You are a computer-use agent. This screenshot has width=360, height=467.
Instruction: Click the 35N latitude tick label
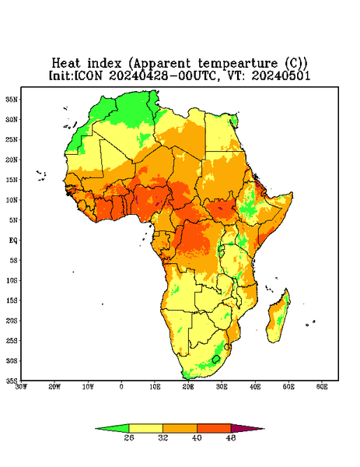click(x=12, y=100)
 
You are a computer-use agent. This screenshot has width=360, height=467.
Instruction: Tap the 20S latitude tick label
click(x=12, y=321)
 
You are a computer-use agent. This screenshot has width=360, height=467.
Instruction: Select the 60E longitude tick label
click(x=322, y=387)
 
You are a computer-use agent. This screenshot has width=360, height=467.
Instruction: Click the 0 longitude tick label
click(x=121, y=387)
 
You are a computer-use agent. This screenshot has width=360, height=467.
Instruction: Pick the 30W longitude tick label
click(x=21, y=387)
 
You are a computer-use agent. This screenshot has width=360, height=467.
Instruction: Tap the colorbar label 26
click(x=129, y=437)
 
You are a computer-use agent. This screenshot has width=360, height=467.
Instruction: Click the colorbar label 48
click(x=231, y=437)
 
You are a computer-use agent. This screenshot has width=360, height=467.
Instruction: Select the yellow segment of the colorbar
click(x=145, y=429)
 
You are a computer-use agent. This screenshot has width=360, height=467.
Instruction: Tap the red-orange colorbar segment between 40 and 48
click(x=214, y=429)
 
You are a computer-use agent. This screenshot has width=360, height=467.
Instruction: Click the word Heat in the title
click(x=66, y=64)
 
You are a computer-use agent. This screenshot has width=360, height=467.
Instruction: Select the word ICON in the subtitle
click(x=88, y=75)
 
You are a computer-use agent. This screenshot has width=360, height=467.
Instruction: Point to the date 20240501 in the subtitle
click(x=281, y=75)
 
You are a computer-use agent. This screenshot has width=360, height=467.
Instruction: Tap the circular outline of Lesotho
click(x=216, y=356)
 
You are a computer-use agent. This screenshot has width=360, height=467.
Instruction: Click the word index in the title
click(x=104, y=64)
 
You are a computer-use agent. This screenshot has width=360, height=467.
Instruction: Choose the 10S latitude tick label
click(x=12, y=280)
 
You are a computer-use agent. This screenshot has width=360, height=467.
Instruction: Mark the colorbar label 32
click(x=163, y=437)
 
